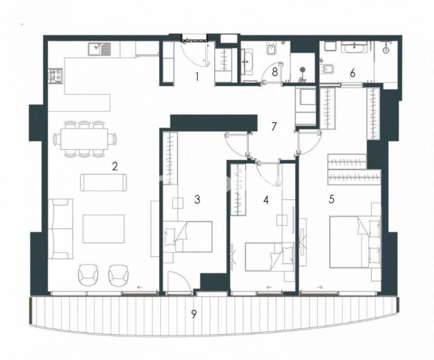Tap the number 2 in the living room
pyautogui.click(x=115, y=166)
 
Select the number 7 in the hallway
pyautogui.click(x=274, y=127)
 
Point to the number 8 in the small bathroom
pyautogui.click(x=275, y=72)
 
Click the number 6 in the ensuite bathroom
pyautogui.click(x=352, y=73)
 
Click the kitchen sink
pyautogui.click(x=99, y=49)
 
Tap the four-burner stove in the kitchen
pyautogui.click(x=56, y=76)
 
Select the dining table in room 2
pyautogui.click(x=84, y=139)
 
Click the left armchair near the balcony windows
pyautogui.click(x=88, y=275)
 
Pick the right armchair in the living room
pyautogui.click(x=119, y=275)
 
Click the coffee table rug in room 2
pyautogui.click(x=103, y=229)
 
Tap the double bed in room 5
pyautogui.click(x=355, y=242)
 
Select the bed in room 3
pyautogui.click(x=187, y=237)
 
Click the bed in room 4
pyautogui.click(x=270, y=257)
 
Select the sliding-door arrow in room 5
pyautogui.click(x=320, y=288)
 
